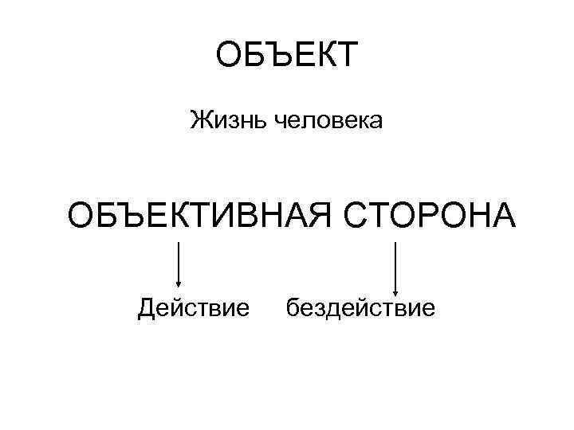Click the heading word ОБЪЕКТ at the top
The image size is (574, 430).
[x=287, y=57]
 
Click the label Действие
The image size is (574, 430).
[x=194, y=306]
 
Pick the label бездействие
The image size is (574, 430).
[x=361, y=306]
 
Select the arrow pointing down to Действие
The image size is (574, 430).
[x=178, y=263]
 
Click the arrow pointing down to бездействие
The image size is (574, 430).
[x=396, y=263]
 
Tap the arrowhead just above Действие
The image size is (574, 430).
[x=178, y=281]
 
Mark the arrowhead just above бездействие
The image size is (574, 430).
[x=396, y=281]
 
